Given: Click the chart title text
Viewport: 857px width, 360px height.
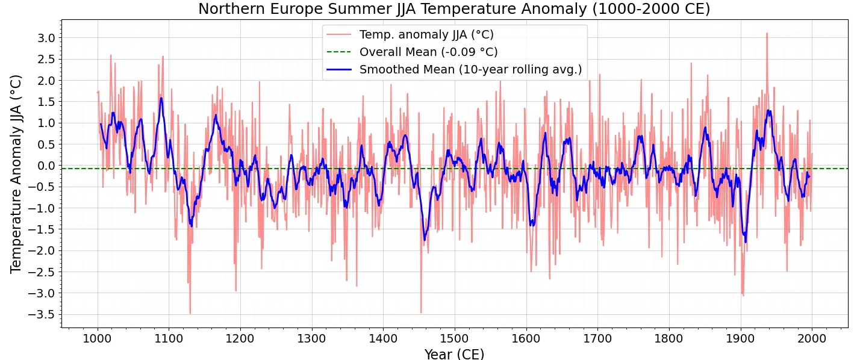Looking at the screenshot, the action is [x=454, y=9].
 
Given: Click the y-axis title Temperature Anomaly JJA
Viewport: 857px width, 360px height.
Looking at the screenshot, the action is [x=16, y=174].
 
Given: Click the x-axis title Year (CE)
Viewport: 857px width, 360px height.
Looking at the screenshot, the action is [x=454, y=354].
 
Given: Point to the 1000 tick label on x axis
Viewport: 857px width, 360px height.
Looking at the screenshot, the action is [x=98, y=338].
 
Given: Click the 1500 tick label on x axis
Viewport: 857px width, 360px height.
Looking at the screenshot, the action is [x=455, y=338].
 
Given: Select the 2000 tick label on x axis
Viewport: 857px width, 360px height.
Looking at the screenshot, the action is [x=811, y=338].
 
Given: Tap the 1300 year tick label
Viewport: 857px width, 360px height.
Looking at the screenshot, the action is [x=312, y=338].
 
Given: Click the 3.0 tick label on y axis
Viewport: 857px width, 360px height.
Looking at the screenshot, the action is [x=46, y=38].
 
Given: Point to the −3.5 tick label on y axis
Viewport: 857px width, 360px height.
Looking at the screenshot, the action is [x=42, y=314].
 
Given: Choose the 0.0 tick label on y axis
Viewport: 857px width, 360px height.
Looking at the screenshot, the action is [x=46, y=166].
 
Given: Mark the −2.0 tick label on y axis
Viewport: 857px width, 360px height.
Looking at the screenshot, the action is [x=42, y=250].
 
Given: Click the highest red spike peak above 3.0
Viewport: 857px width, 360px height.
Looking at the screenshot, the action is [x=767, y=33].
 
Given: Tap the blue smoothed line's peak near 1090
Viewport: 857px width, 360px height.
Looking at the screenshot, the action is [x=161, y=98].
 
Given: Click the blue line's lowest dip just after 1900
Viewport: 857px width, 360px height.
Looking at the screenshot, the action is [x=746, y=242].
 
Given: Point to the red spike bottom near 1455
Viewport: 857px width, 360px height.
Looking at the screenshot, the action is [x=421, y=313].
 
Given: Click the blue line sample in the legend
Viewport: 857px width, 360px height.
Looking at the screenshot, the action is [x=339, y=70].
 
